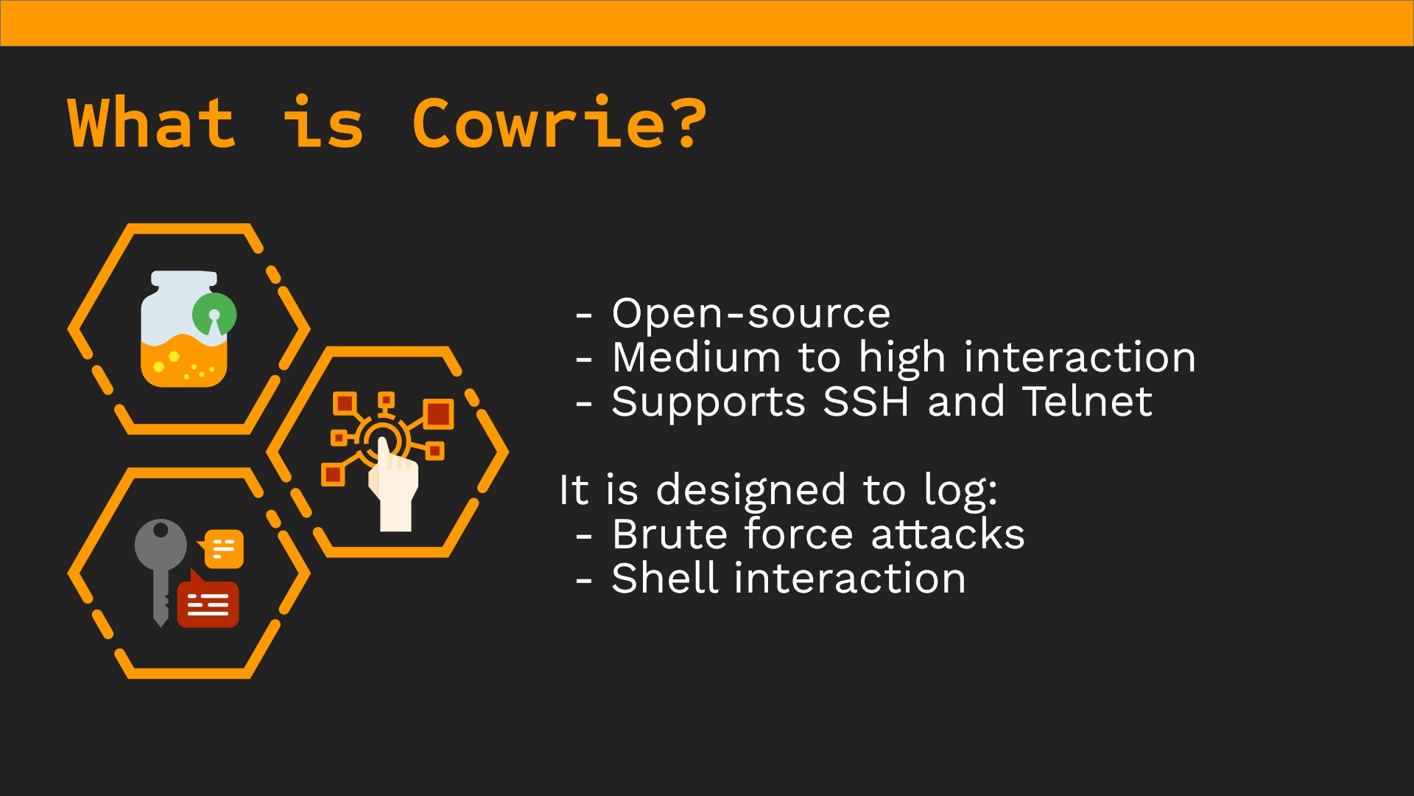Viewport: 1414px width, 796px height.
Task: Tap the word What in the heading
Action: click(152, 122)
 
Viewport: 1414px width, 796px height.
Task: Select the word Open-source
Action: click(751, 314)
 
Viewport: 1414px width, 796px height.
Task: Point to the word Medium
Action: click(697, 357)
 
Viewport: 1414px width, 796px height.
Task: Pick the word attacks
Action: click(948, 534)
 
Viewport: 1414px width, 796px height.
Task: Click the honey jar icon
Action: click(186, 329)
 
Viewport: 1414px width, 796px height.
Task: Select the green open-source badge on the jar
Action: click(214, 315)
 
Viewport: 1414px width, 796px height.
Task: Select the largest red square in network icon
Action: click(439, 413)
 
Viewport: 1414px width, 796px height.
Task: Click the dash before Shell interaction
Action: click(584, 580)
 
